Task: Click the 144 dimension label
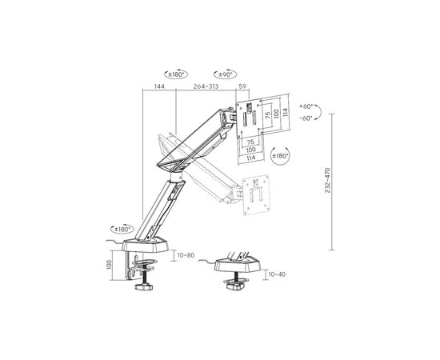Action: point(159,86)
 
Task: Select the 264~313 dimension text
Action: point(206,86)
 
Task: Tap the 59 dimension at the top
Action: point(242,86)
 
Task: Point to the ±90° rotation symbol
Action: point(226,74)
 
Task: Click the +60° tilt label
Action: point(306,106)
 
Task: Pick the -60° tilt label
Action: point(306,118)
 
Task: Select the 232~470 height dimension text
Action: point(327,180)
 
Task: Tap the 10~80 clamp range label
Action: point(186,255)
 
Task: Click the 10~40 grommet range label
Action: point(277,274)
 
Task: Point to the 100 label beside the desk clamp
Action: point(109,265)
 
